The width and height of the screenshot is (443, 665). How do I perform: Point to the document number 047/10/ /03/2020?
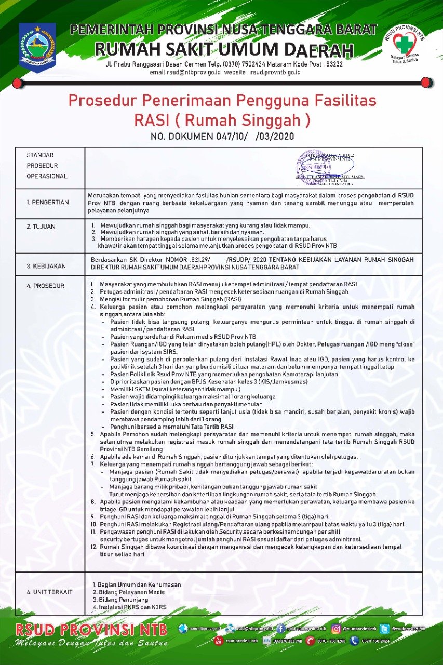pos(222,137)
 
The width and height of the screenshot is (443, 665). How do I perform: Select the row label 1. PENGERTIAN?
pos(48,202)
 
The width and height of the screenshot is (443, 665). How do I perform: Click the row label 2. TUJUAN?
pos(41,227)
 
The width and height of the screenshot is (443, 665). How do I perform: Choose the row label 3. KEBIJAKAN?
pos(46,266)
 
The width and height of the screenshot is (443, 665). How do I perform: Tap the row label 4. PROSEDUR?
pos(46,285)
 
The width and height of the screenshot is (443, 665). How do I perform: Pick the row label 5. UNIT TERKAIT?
pos(50,592)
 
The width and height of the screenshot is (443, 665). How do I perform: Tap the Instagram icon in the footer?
pos(336,629)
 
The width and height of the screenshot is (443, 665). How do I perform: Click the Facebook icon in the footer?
pos(281,629)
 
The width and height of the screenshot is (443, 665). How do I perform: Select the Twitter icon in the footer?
pos(384,629)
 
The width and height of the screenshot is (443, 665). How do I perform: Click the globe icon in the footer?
pos(182,629)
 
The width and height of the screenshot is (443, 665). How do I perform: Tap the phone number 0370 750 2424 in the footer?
pos(375,641)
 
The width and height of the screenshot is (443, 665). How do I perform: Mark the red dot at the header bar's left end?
pos(18,83)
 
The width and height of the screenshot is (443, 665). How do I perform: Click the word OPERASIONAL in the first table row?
pos(47,176)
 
